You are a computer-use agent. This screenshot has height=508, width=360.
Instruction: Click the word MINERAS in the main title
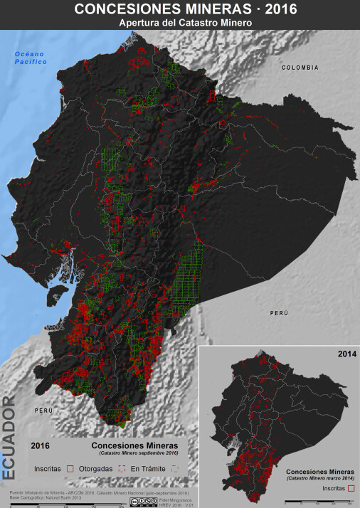[x=218, y=9]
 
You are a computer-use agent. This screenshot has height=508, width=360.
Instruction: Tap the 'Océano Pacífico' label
[x=30, y=58]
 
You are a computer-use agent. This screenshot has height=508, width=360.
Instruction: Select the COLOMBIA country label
[x=300, y=67]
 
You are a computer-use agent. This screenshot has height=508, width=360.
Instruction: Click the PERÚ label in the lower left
[x=44, y=411]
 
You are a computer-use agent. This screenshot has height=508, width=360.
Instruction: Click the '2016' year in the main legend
[x=41, y=445]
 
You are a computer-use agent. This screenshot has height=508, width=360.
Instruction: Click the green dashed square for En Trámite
[x=174, y=470]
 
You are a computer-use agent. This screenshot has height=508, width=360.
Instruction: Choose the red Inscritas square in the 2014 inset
[x=351, y=489]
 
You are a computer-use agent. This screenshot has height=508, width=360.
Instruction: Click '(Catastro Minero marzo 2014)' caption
[x=322, y=478]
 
